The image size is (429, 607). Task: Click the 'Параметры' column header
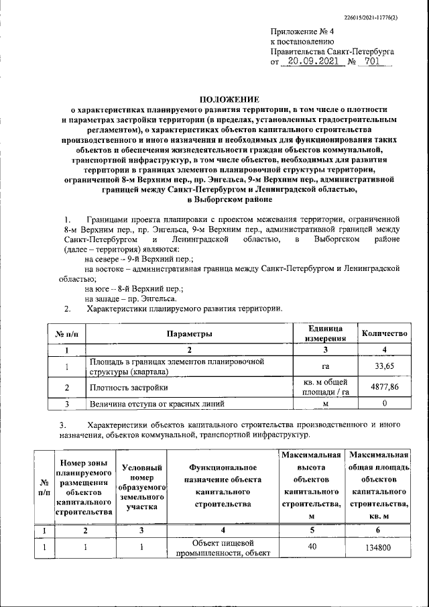click(x=190, y=333)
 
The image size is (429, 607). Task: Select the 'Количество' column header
click(x=384, y=333)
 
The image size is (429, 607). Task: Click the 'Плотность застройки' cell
click(x=129, y=388)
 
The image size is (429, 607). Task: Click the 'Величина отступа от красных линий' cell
click(x=158, y=404)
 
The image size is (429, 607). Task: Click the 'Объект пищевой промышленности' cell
click(x=223, y=547)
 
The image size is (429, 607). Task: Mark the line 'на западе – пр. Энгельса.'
click(x=131, y=298)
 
